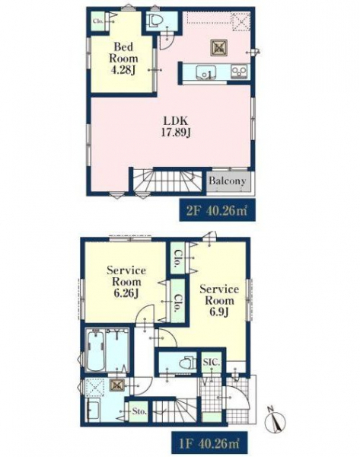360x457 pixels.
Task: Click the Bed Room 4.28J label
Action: click(x=123, y=59)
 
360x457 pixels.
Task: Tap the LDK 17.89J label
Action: click(x=176, y=126)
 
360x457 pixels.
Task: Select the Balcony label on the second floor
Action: click(x=227, y=181)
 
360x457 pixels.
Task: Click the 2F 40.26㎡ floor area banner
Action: click(x=217, y=210)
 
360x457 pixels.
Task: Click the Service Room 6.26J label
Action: click(x=126, y=282)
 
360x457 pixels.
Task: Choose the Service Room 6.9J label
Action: click(x=219, y=301)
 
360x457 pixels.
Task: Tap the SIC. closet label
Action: click(x=212, y=363)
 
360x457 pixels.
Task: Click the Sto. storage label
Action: click(x=139, y=411)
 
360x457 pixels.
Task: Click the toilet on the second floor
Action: click(x=155, y=21)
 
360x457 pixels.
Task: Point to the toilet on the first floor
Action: click(x=187, y=363)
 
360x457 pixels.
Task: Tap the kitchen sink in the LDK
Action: click(x=206, y=72)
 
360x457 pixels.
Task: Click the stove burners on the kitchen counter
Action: click(x=239, y=71)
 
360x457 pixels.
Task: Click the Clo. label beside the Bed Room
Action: click(x=98, y=21)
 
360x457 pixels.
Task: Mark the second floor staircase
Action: click(x=167, y=181)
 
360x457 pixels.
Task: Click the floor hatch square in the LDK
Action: click(x=218, y=48)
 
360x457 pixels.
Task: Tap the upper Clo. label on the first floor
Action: click(x=177, y=259)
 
